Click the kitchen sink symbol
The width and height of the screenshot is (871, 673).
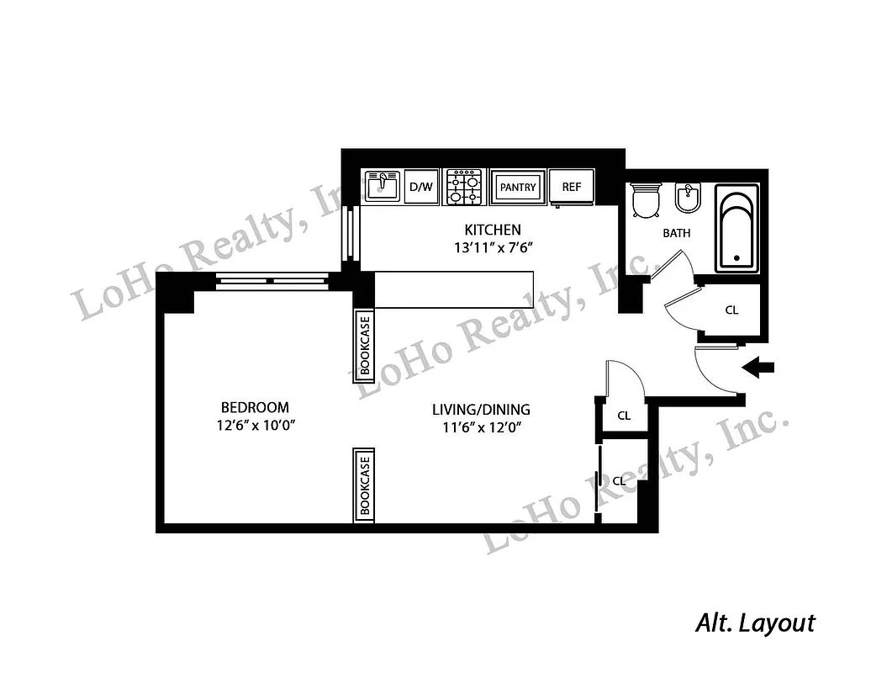tap(383, 186)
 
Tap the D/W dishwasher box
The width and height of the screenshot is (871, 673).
tap(421, 187)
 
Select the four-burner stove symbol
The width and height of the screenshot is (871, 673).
tap(464, 187)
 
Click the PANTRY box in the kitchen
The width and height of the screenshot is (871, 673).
tap(517, 187)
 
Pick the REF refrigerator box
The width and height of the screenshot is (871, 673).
tap(572, 187)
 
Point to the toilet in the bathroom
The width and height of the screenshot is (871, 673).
tap(647, 200)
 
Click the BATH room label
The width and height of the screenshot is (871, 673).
tap(676, 233)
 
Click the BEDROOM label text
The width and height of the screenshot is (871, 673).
tap(256, 407)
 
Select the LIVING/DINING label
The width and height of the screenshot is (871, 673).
tap(481, 410)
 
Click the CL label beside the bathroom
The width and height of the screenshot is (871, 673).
tap(731, 310)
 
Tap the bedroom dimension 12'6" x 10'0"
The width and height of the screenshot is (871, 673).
tap(256, 425)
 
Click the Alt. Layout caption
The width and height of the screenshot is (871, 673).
tap(755, 623)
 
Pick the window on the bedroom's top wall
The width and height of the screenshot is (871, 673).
tap(271, 282)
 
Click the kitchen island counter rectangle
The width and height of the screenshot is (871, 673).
tap(454, 289)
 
